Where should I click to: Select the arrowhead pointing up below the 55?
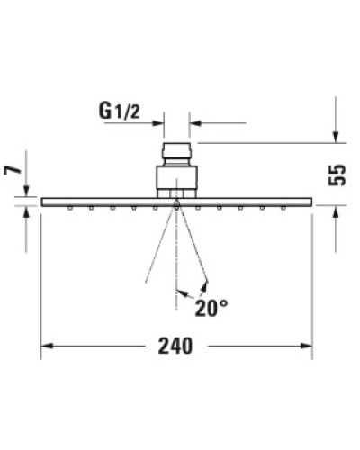(336, 212)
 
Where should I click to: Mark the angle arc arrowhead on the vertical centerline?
(181, 291)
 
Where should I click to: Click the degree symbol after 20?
(223, 304)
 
